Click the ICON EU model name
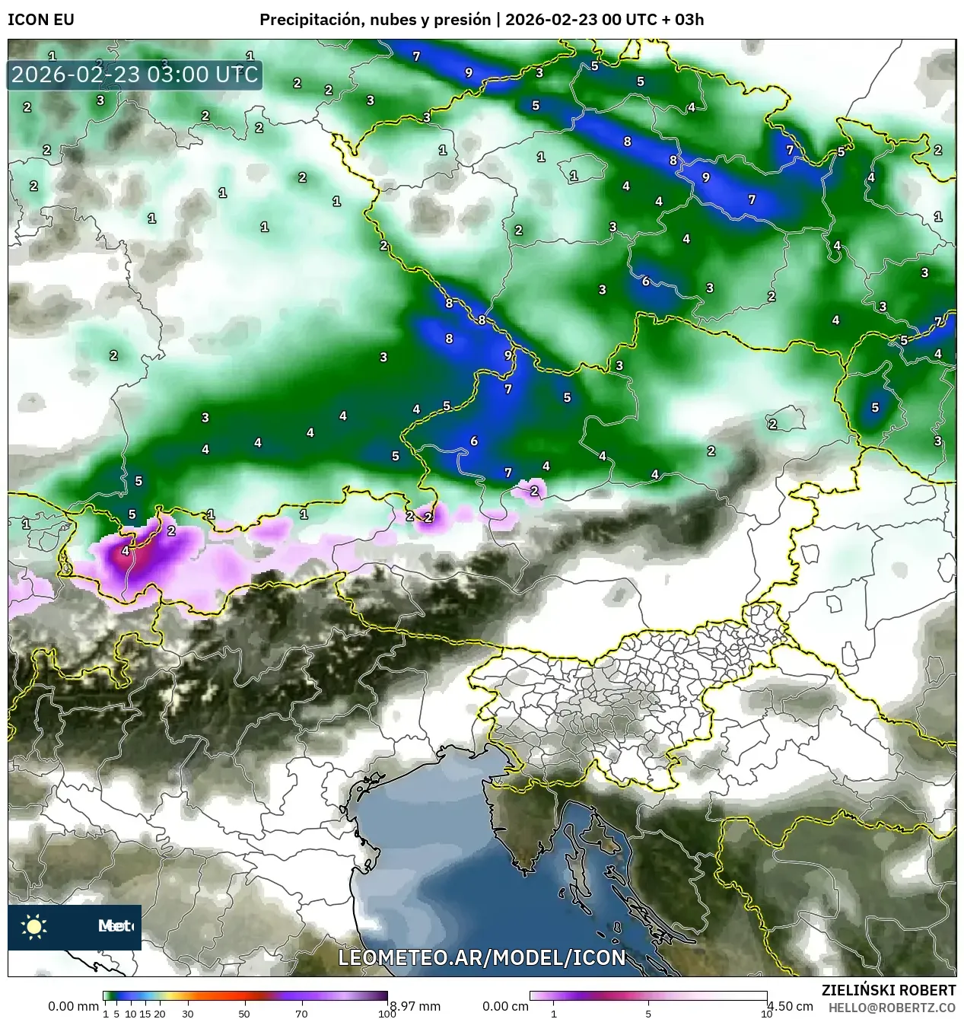click(x=41, y=20)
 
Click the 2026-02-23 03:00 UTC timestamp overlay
click(x=135, y=75)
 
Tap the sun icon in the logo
click(x=34, y=926)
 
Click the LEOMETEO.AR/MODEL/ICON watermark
click(x=482, y=957)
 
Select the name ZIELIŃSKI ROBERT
click(x=888, y=990)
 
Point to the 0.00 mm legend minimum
click(x=74, y=1006)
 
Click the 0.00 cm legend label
click(x=505, y=1006)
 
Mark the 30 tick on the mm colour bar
click(x=187, y=1014)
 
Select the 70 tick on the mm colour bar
click(x=301, y=1014)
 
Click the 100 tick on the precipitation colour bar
click(x=387, y=1014)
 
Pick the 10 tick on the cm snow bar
click(x=766, y=1014)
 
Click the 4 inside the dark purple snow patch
click(x=126, y=550)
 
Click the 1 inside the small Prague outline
click(x=574, y=176)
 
